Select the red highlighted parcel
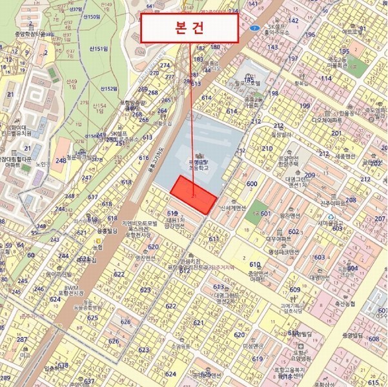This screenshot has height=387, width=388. [194, 193]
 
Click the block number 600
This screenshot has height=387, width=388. [252, 184]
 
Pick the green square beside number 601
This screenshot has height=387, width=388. [253, 213]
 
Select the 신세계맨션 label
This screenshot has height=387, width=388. [234, 208]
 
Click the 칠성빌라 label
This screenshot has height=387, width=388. [283, 135]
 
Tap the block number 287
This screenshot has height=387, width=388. [23, 339]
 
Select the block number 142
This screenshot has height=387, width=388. [294, 20]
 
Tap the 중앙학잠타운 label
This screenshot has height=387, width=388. [18, 35]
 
